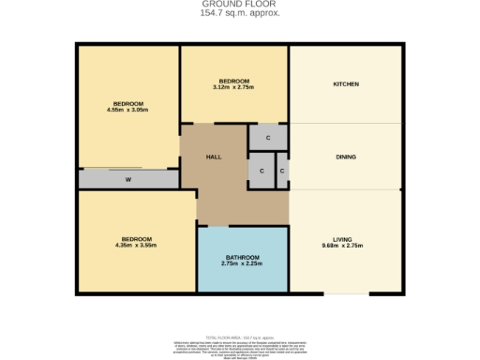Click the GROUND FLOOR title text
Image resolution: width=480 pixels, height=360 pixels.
click(240, 4)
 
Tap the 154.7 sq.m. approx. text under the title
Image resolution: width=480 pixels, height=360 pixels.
click(240, 13)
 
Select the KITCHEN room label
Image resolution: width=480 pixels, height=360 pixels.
click(346, 84)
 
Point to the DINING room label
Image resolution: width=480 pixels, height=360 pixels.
click(346, 157)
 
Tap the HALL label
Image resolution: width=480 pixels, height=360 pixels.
click(213, 157)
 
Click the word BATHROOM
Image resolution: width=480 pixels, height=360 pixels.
click(242, 257)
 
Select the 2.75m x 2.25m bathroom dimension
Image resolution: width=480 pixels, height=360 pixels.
click(242, 264)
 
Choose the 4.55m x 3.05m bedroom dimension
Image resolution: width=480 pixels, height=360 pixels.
click(128, 110)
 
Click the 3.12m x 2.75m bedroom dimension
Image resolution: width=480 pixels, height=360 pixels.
click(234, 87)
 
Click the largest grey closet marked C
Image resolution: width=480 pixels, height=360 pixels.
click(267, 137)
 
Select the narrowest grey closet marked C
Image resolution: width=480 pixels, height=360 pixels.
click(281, 172)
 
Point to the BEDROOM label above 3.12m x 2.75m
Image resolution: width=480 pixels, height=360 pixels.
click(234, 81)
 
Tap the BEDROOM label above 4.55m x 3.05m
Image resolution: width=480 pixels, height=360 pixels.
click(128, 102)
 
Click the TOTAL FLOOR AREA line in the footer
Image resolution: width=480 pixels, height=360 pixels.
click(240, 334)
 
